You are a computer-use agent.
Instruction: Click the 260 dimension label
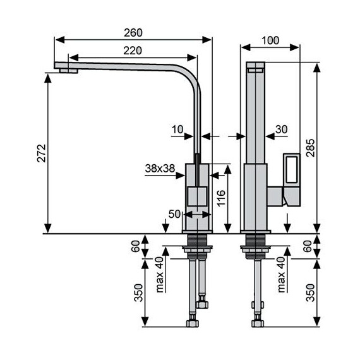(134, 32)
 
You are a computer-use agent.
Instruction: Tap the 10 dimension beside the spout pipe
(177, 129)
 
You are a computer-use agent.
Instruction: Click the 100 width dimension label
(270, 40)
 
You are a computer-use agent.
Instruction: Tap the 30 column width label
(282, 129)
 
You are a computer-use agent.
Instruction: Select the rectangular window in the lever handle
(292, 170)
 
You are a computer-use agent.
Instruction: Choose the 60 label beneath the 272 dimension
(135, 246)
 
